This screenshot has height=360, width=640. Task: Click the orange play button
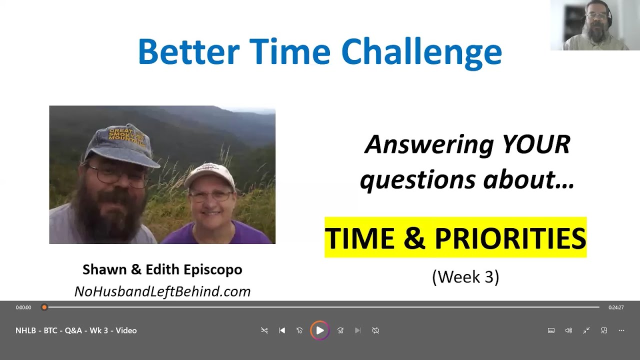319,330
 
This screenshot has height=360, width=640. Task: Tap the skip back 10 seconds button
299,330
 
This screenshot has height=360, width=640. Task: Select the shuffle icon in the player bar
264,330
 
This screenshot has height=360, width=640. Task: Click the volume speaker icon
568,330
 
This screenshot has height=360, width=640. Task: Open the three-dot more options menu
621,330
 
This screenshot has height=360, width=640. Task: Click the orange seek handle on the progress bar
44,307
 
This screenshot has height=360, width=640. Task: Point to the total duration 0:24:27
616,307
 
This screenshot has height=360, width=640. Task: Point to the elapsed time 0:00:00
23,307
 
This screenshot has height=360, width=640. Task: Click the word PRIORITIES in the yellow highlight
510,238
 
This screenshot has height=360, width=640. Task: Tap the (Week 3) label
465,276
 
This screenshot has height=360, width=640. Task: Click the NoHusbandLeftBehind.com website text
162,291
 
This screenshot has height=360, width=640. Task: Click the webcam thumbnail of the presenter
595,25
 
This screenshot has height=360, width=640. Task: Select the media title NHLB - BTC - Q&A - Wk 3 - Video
76,330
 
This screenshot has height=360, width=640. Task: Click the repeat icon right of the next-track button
375,330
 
